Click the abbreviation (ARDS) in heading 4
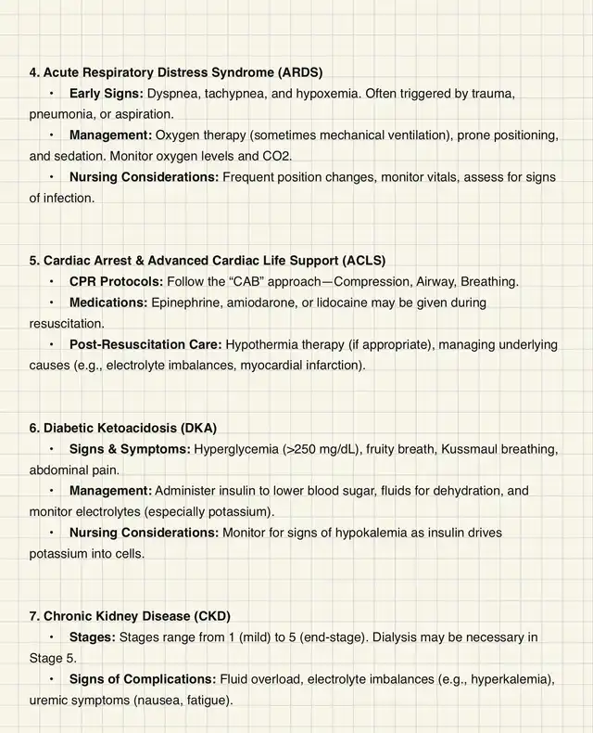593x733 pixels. [x=296, y=71]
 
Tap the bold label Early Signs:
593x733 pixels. [x=107, y=94]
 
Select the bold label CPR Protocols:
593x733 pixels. [x=116, y=281]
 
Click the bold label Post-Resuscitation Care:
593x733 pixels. [x=145, y=344]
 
